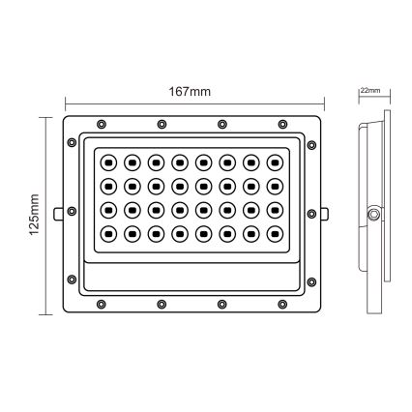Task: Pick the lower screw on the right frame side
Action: tap(312, 282)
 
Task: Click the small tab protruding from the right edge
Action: tap(323, 212)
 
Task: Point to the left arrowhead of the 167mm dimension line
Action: tap(67, 102)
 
